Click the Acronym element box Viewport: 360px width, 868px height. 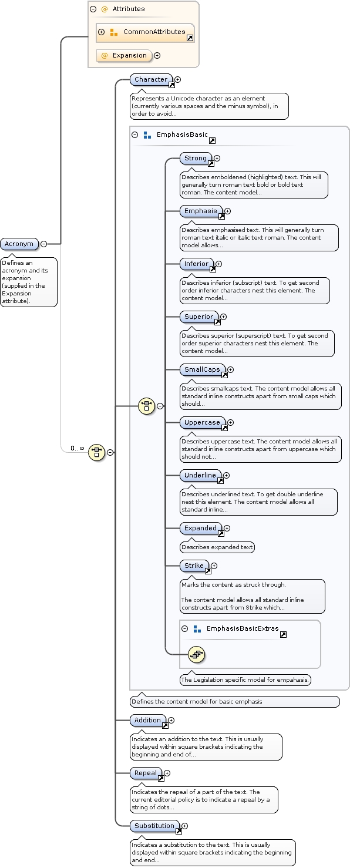19,244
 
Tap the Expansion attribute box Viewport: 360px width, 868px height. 124,56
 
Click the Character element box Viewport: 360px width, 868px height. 151,80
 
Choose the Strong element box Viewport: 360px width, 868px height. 196,159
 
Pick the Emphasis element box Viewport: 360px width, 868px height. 201,211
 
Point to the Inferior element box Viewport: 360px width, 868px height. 197,264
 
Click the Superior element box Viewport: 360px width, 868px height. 199,317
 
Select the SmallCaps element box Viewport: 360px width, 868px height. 202,370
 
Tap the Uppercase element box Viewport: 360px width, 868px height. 202,423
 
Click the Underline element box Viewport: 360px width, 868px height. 200,475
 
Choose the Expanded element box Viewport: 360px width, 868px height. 201,529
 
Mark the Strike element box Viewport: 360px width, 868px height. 194,566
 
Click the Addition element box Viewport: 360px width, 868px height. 147,721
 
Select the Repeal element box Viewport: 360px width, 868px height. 146,773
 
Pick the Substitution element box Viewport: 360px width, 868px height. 154,826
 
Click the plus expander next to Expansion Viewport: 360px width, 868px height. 157,56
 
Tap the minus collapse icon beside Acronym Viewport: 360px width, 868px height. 43,244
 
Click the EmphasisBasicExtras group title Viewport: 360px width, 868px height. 243,629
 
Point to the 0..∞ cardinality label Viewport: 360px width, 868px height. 78,449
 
